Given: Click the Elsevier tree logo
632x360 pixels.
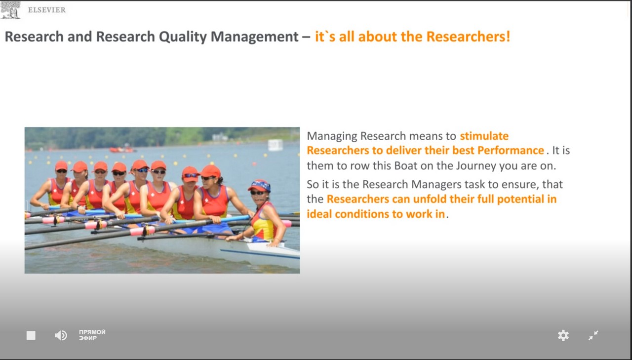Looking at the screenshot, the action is click(10, 10).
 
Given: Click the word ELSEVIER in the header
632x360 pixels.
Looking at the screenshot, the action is click(47, 10).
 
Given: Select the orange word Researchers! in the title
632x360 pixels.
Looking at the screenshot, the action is click(468, 37).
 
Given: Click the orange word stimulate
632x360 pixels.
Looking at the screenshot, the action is click(484, 136).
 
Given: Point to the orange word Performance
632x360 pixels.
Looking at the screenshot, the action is click(511, 151).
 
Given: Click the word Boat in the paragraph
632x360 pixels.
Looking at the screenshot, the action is click(405, 165).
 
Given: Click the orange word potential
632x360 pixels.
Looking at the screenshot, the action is click(520, 200).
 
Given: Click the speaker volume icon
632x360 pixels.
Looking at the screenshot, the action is click(61, 335).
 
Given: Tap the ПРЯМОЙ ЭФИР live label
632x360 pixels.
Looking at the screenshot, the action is click(92, 335).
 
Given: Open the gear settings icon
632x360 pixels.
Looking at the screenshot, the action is click(563, 335).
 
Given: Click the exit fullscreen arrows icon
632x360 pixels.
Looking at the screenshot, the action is click(593, 335).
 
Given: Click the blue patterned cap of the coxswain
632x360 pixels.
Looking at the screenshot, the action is click(260, 186).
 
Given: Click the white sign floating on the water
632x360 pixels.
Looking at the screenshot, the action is click(276, 145).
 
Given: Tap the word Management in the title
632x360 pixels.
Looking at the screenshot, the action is click(254, 37).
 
